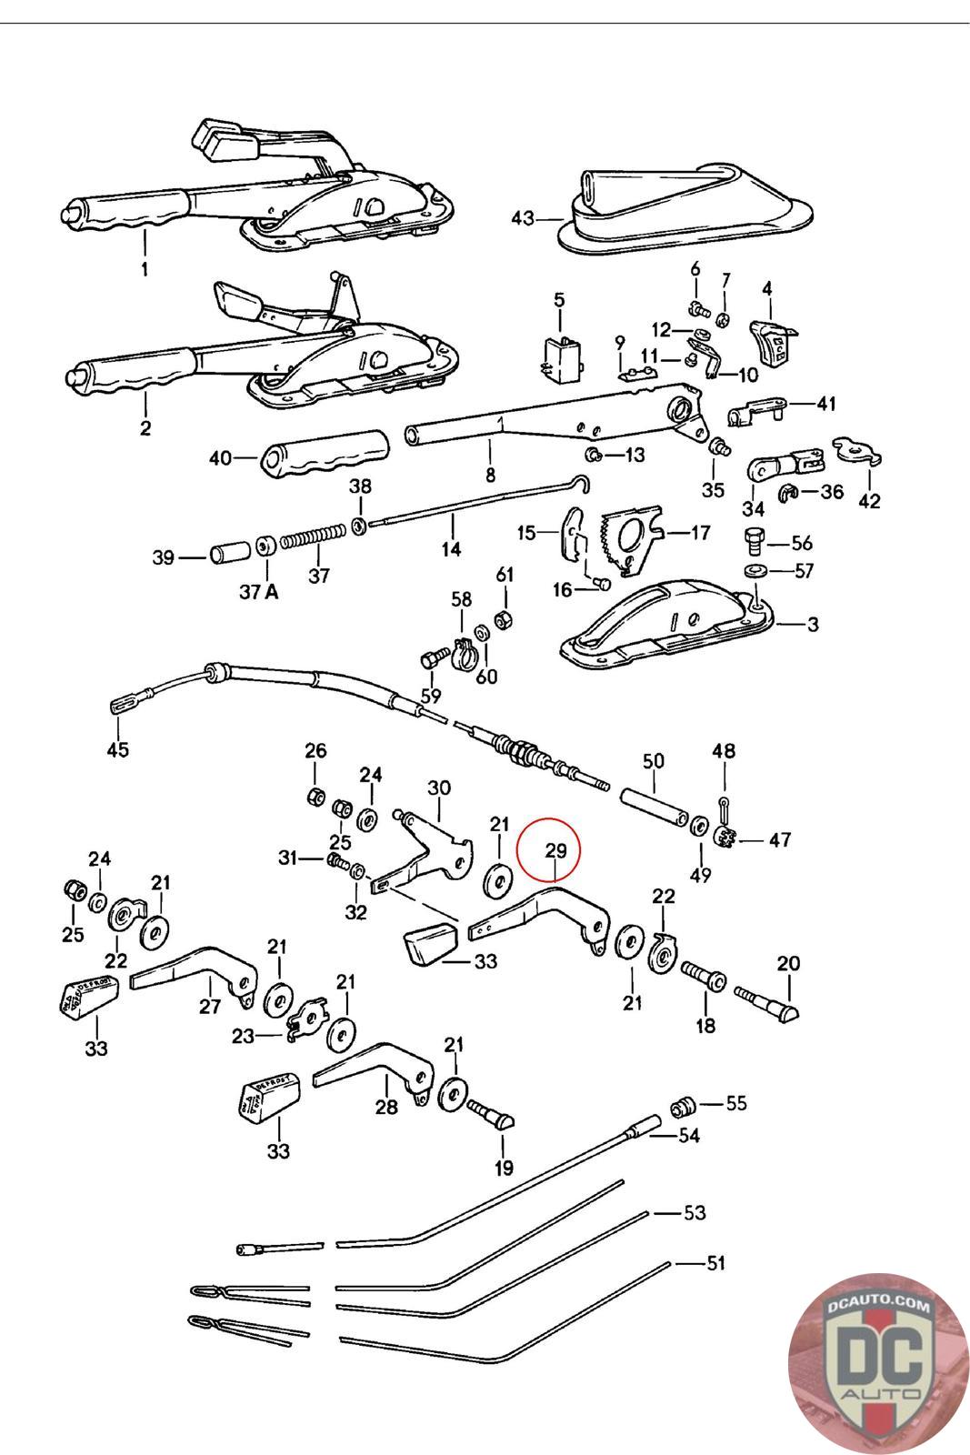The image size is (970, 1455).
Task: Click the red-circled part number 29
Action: click(555, 851)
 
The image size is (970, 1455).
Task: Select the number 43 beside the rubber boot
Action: click(523, 218)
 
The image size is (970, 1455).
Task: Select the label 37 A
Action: click(260, 593)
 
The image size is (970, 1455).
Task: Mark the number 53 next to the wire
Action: click(695, 1213)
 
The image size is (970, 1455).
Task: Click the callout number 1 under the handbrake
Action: click(144, 269)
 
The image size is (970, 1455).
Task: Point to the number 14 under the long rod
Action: click(451, 548)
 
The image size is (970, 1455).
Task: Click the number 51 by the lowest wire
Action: click(716, 1263)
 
